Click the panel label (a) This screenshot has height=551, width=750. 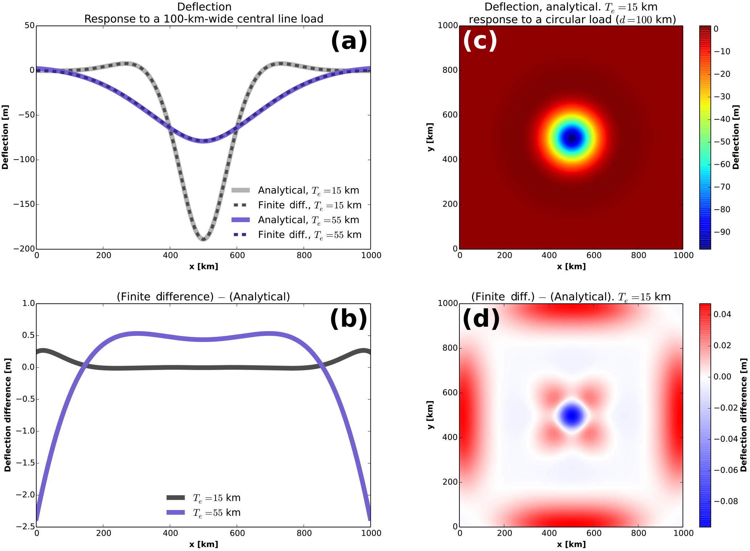[349, 41]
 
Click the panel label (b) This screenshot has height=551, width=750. [348, 319]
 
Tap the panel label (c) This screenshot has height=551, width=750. [480, 41]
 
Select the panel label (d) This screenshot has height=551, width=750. [481, 319]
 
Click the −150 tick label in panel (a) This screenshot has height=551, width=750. [24, 204]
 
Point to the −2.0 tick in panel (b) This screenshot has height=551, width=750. [25, 495]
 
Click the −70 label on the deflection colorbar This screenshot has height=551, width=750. [722, 187]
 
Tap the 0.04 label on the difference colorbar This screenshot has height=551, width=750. [722, 314]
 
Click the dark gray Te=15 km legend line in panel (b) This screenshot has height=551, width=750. [176, 497]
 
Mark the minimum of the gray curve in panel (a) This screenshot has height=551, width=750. [203, 239]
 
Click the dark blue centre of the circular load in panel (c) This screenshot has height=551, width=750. [571, 138]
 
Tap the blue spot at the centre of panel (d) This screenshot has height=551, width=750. [571, 416]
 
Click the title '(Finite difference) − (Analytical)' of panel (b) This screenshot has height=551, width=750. [203, 297]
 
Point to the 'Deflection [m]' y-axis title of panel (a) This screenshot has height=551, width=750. [5, 137]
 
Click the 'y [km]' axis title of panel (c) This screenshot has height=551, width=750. [430, 137]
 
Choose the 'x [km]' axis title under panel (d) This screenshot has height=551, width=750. [571, 544]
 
